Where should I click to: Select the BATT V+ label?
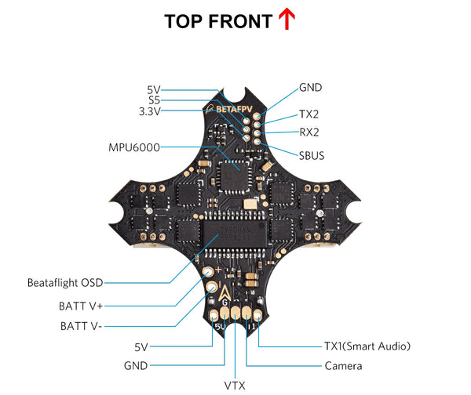82,305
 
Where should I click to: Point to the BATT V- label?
82,325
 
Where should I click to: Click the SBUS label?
311,155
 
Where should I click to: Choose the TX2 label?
309,114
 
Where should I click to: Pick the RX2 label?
309,132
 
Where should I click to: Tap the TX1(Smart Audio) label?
367,345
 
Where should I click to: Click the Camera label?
343,365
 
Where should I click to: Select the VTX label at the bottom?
235,385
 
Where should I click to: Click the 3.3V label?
148,111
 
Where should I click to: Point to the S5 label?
154,100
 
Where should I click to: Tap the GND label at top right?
310,87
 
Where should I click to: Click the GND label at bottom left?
136,365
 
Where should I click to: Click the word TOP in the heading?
186,21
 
